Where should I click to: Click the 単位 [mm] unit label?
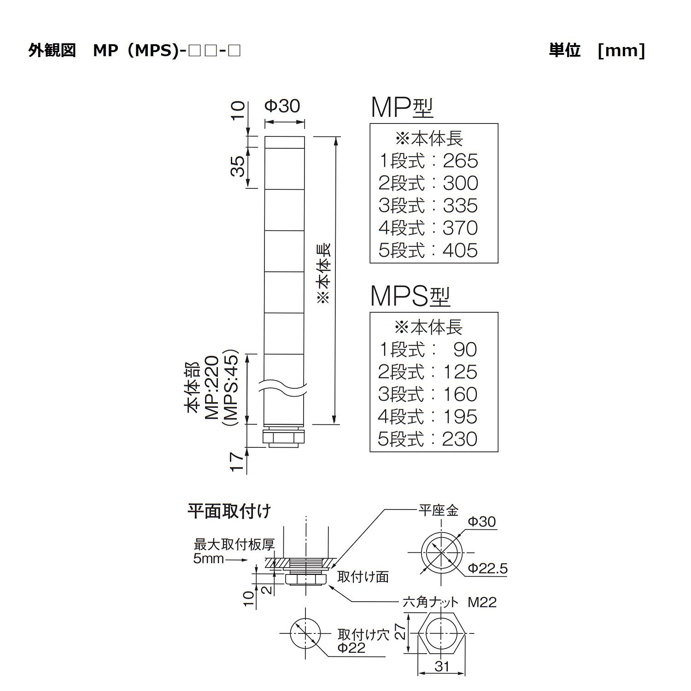[x=597, y=50]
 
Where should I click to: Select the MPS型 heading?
[x=410, y=296]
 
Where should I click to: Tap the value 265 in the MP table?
[x=460, y=161]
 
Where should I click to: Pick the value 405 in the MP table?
[x=460, y=251]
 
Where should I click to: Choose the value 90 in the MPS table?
[x=465, y=350]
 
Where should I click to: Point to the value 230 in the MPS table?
[x=460, y=439]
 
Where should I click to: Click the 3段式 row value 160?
[x=460, y=395]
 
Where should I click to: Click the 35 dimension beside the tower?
[x=238, y=166]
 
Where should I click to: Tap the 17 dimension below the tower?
[x=237, y=462]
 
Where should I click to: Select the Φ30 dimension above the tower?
[x=282, y=106]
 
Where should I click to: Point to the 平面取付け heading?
[x=229, y=511]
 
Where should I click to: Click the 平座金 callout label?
[x=438, y=510]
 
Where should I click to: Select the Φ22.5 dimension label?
[x=487, y=568]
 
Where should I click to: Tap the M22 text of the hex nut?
[x=482, y=602]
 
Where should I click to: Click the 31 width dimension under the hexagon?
[x=441, y=667]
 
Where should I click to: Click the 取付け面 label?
[x=363, y=577]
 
